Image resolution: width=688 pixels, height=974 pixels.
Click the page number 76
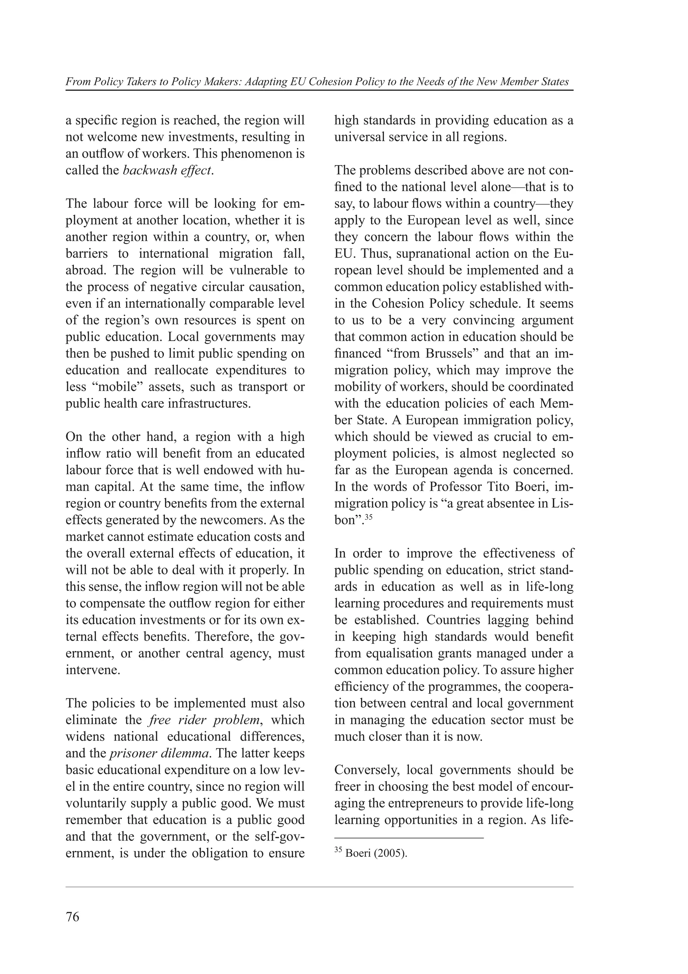pyautogui.click(x=73, y=917)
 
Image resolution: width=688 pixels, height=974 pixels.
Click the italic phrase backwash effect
pyautogui.click(x=167, y=170)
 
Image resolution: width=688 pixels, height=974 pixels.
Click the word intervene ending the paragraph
pyautogui.click(x=93, y=670)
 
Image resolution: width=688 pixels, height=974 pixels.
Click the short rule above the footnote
pyautogui.click(x=408, y=838)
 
